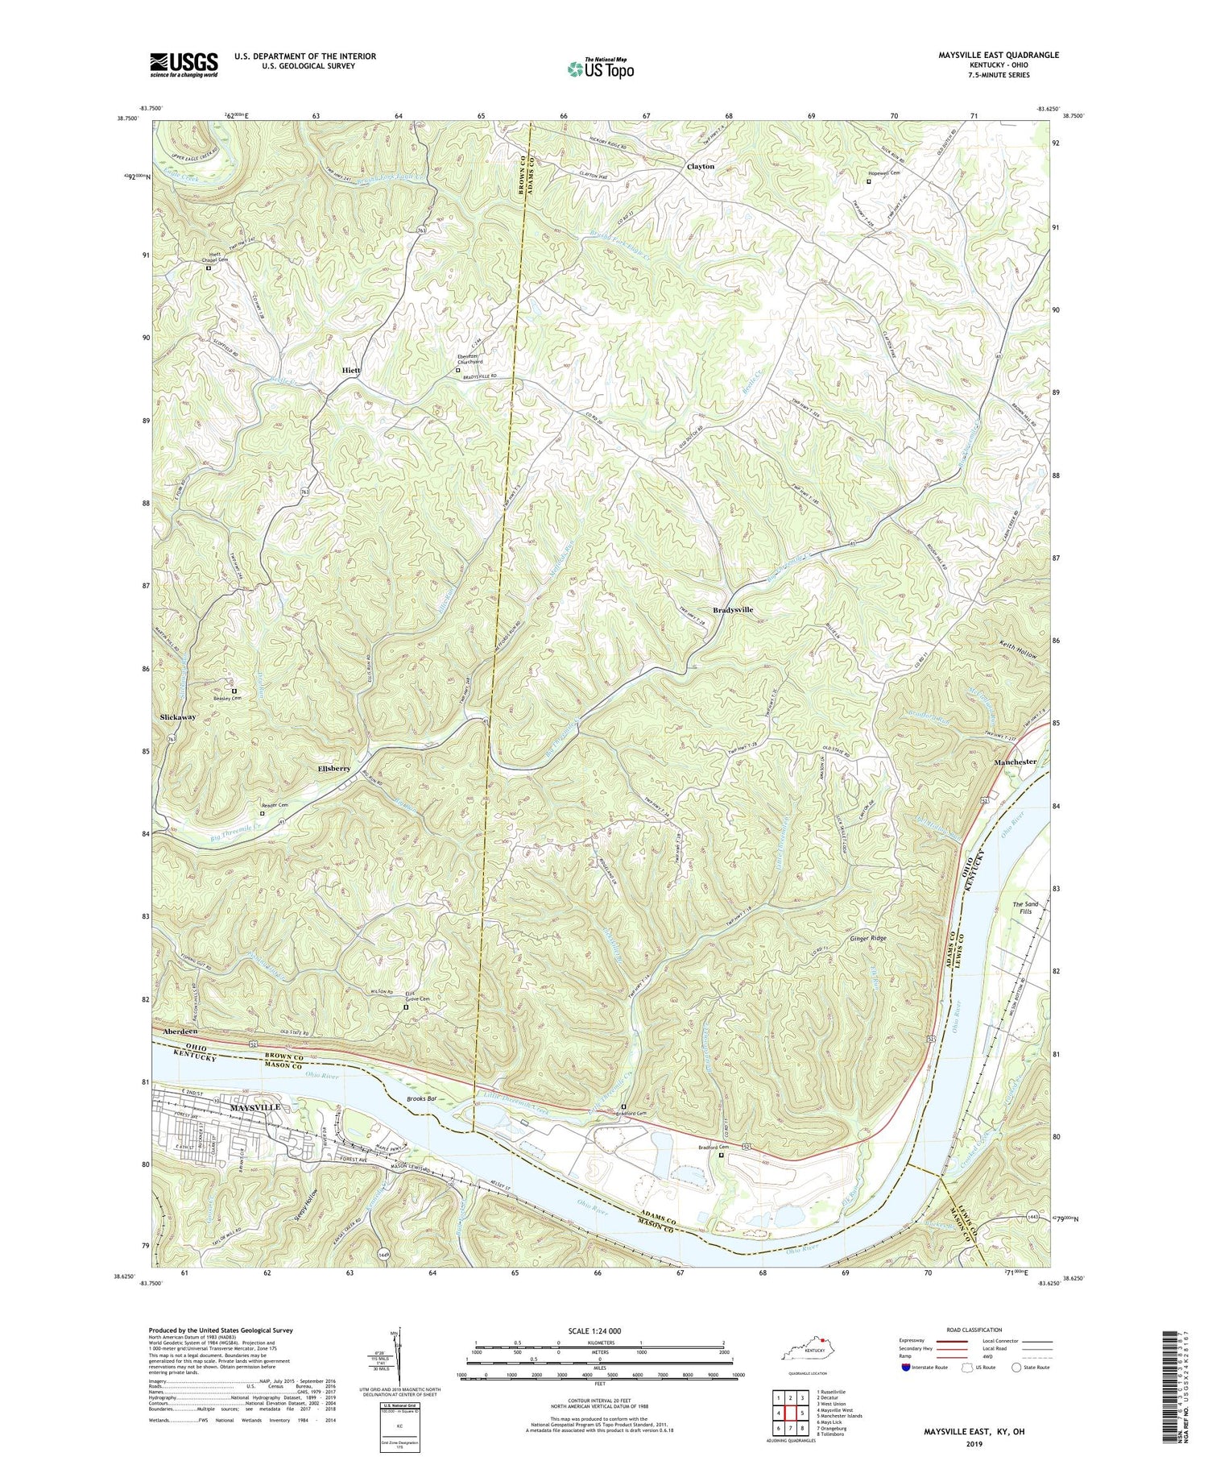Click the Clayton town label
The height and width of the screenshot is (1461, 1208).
700,167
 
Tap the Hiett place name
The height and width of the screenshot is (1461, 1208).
350,370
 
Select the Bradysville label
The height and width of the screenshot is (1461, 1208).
732,610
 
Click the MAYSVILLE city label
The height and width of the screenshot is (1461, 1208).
255,1108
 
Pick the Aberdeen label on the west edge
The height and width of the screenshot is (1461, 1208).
180,1031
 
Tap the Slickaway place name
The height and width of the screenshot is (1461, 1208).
173,716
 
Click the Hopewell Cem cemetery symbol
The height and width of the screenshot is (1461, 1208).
868,181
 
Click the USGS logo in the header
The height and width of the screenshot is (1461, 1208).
184,64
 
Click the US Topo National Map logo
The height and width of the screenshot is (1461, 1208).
600,69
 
